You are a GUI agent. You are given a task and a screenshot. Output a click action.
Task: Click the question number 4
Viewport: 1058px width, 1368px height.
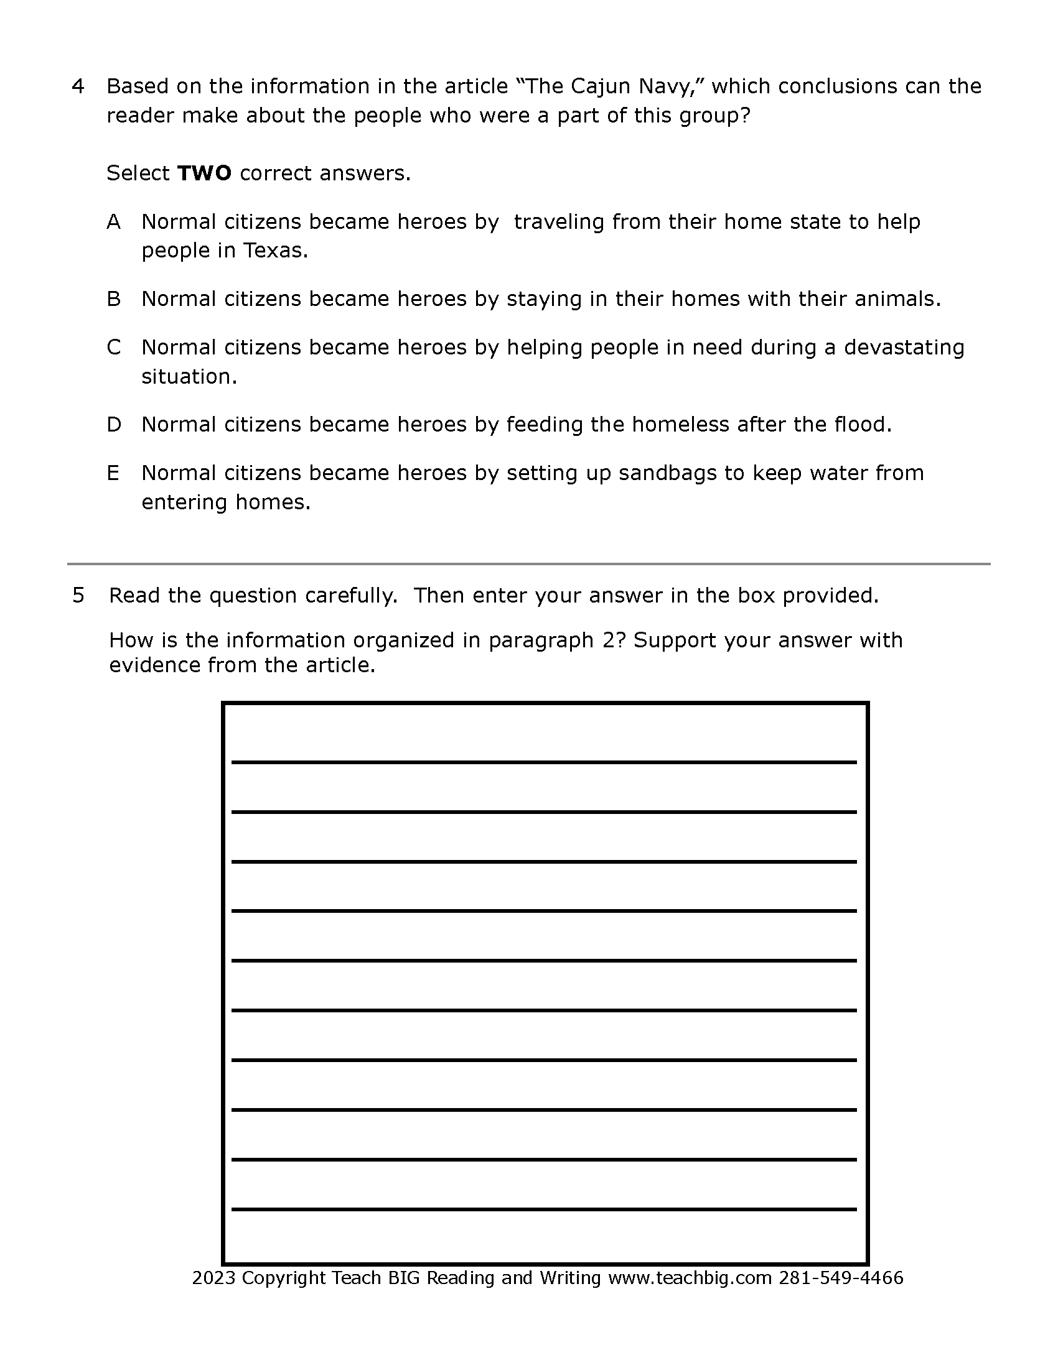pos(78,86)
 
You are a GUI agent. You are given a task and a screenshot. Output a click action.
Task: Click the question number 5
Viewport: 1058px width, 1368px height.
pos(78,595)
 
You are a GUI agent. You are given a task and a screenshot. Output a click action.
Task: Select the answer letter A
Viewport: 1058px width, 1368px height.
pos(113,222)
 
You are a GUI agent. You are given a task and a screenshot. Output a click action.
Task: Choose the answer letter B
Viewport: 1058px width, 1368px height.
pos(113,298)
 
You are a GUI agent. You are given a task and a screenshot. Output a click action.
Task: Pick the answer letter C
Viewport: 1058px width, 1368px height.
pos(113,347)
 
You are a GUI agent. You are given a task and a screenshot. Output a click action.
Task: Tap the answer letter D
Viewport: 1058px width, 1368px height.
pos(113,425)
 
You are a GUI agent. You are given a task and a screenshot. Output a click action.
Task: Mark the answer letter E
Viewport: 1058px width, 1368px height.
pos(113,473)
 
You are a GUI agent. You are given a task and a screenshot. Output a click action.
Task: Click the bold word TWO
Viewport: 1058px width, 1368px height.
pos(204,173)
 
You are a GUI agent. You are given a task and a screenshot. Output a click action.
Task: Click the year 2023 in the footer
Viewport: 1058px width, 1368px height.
pos(213,1278)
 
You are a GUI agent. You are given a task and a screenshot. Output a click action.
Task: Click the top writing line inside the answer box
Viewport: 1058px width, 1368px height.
pos(543,762)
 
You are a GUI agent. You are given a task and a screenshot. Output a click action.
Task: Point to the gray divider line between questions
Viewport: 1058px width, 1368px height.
pos(528,564)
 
